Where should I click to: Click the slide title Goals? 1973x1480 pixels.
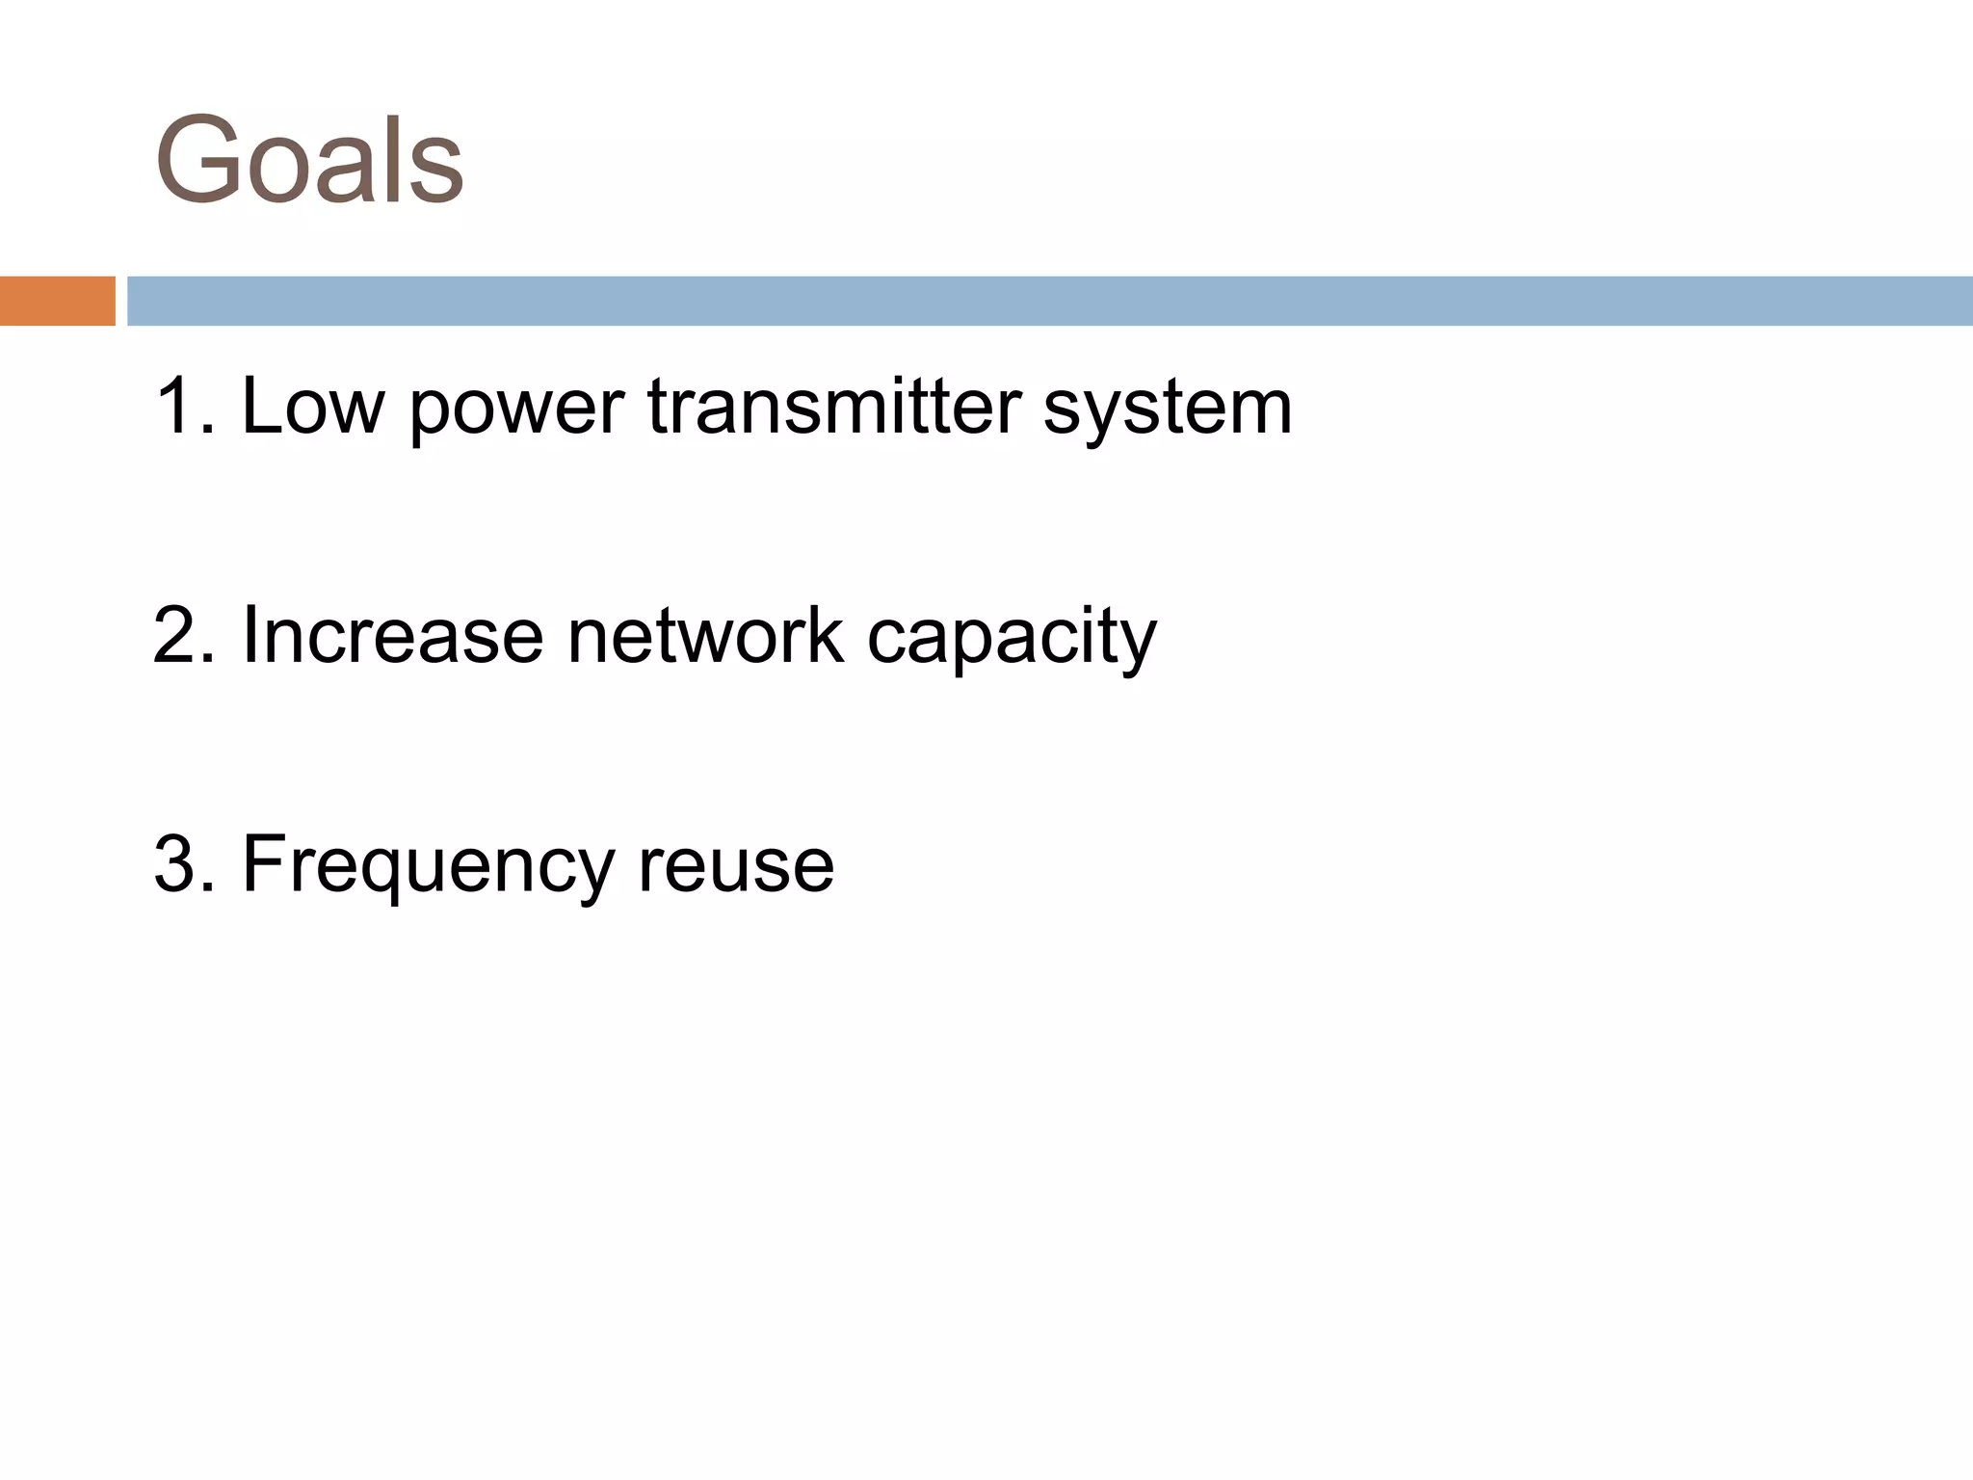point(309,160)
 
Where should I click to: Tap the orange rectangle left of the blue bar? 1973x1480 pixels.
point(57,301)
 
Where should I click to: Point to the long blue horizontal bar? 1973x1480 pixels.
point(1049,301)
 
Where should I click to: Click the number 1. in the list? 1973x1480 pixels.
point(183,407)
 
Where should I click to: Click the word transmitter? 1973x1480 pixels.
point(834,407)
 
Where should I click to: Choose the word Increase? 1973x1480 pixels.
point(393,636)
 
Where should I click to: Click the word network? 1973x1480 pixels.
point(705,636)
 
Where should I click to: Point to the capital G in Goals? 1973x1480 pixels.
point(203,160)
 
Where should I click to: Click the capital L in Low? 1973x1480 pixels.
point(262,407)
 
